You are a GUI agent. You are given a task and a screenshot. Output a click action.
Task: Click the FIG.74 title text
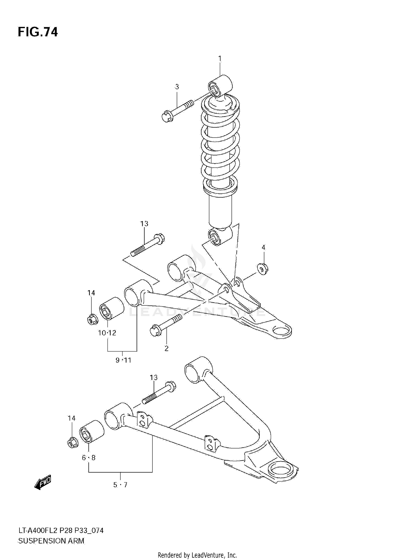click(x=38, y=32)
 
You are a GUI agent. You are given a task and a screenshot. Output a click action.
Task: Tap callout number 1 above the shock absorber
click(x=220, y=58)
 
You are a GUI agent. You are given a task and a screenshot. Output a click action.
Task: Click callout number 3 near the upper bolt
click(x=177, y=87)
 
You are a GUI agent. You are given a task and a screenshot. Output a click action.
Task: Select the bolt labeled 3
click(x=176, y=111)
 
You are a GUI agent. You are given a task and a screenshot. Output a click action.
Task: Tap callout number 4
click(x=263, y=247)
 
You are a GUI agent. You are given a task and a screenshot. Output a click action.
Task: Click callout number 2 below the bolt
click(x=166, y=348)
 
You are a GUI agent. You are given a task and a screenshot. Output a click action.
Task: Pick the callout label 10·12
click(x=107, y=333)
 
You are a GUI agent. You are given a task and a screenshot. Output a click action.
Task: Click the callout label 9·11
click(x=123, y=360)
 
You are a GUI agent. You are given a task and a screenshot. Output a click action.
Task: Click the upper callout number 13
click(x=144, y=224)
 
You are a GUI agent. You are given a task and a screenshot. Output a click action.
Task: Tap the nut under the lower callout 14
click(x=72, y=442)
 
